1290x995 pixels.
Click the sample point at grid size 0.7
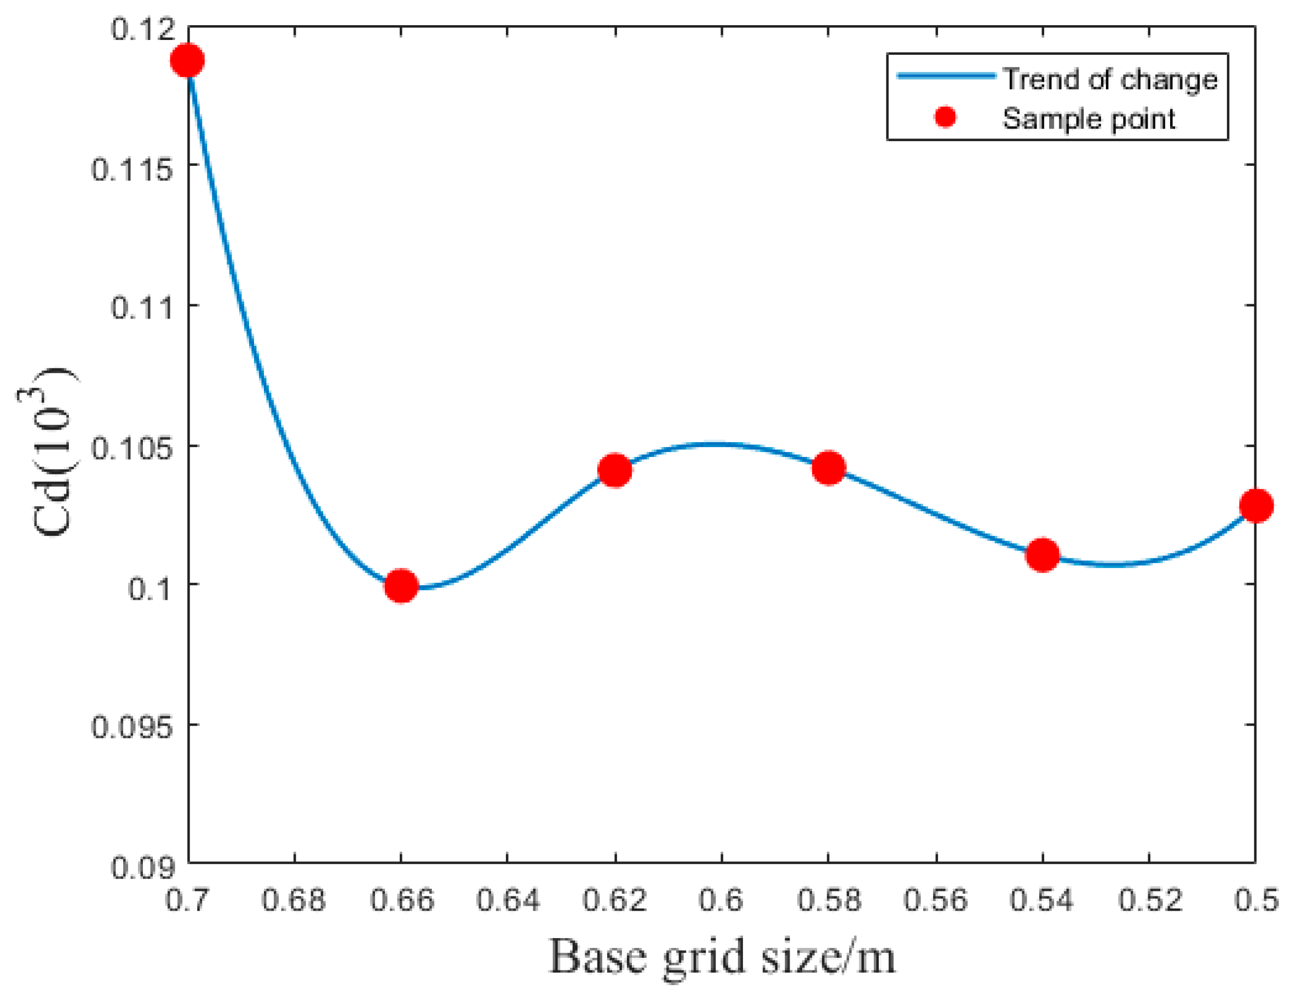click(x=187, y=60)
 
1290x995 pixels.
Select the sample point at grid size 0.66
click(x=401, y=586)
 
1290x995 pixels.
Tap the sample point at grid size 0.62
click(x=615, y=470)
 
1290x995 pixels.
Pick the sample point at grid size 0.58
click(x=828, y=468)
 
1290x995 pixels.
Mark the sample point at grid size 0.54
click(x=1043, y=554)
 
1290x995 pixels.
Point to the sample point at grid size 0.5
click(x=1256, y=506)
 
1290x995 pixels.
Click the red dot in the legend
click(x=945, y=117)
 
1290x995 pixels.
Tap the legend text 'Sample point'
click(x=1089, y=119)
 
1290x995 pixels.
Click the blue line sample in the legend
click(x=946, y=76)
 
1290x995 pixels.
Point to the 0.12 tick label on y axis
click(x=143, y=29)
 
